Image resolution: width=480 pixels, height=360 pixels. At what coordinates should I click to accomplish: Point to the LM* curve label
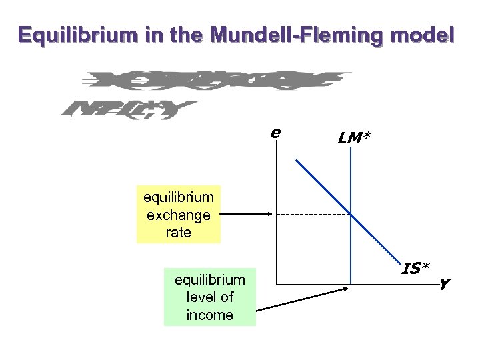pyautogui.click(x=355, y=138)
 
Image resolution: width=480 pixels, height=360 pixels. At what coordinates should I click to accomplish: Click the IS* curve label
pyautogui.click(x=415, y=268)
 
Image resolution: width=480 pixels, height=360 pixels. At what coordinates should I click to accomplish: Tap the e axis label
pyautogui.click(x=275, y=132)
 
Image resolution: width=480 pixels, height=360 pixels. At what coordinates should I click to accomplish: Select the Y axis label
pyautogui.click(x=444, y=285)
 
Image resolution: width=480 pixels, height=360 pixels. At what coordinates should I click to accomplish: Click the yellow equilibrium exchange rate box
pyautogui.click(x=178, y=215)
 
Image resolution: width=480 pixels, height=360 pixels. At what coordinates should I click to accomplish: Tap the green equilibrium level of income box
pyautogui.click(x=209, y=297)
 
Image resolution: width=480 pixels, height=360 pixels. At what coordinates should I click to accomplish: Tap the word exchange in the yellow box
pyautogui.click(x=178, y=215)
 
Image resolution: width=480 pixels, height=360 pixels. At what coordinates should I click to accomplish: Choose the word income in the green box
pyautogui.click(x=209, y=315)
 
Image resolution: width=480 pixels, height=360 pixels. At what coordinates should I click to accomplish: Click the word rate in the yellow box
pyautogui.click(x=178, y=232)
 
